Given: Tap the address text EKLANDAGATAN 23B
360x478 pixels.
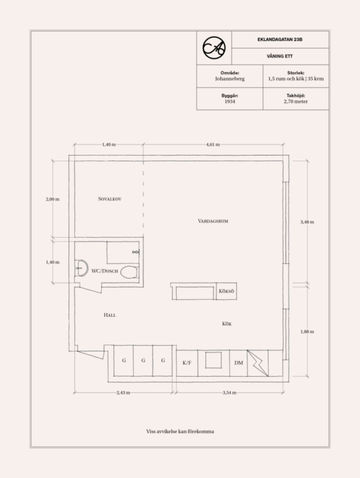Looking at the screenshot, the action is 280,39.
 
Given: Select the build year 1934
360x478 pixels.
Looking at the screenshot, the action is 229,101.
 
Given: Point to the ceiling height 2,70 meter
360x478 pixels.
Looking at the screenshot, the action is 296,101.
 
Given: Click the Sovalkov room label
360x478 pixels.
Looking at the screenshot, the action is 110,199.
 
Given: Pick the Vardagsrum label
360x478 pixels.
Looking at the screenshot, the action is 213,221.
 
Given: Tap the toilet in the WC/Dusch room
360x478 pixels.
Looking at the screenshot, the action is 129,272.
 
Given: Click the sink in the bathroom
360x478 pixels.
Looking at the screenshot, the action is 80,268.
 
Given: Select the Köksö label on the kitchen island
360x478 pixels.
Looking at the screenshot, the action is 226,291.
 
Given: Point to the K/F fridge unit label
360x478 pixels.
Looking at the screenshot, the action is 187,363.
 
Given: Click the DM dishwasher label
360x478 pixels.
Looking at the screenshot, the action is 239,363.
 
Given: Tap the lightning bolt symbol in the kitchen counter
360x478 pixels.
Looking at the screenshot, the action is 258,363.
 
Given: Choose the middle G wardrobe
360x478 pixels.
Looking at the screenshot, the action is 143,360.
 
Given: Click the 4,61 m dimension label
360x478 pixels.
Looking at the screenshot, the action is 213,145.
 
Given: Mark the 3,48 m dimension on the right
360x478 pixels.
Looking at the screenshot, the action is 307,222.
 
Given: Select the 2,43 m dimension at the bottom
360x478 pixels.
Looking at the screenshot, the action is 123,392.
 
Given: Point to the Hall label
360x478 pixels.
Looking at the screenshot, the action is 110,315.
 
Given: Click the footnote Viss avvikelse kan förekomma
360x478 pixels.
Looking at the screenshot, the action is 180,431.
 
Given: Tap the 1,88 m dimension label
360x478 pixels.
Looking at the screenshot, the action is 307,332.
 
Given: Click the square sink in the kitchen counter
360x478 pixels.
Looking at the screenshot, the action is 214,360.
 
